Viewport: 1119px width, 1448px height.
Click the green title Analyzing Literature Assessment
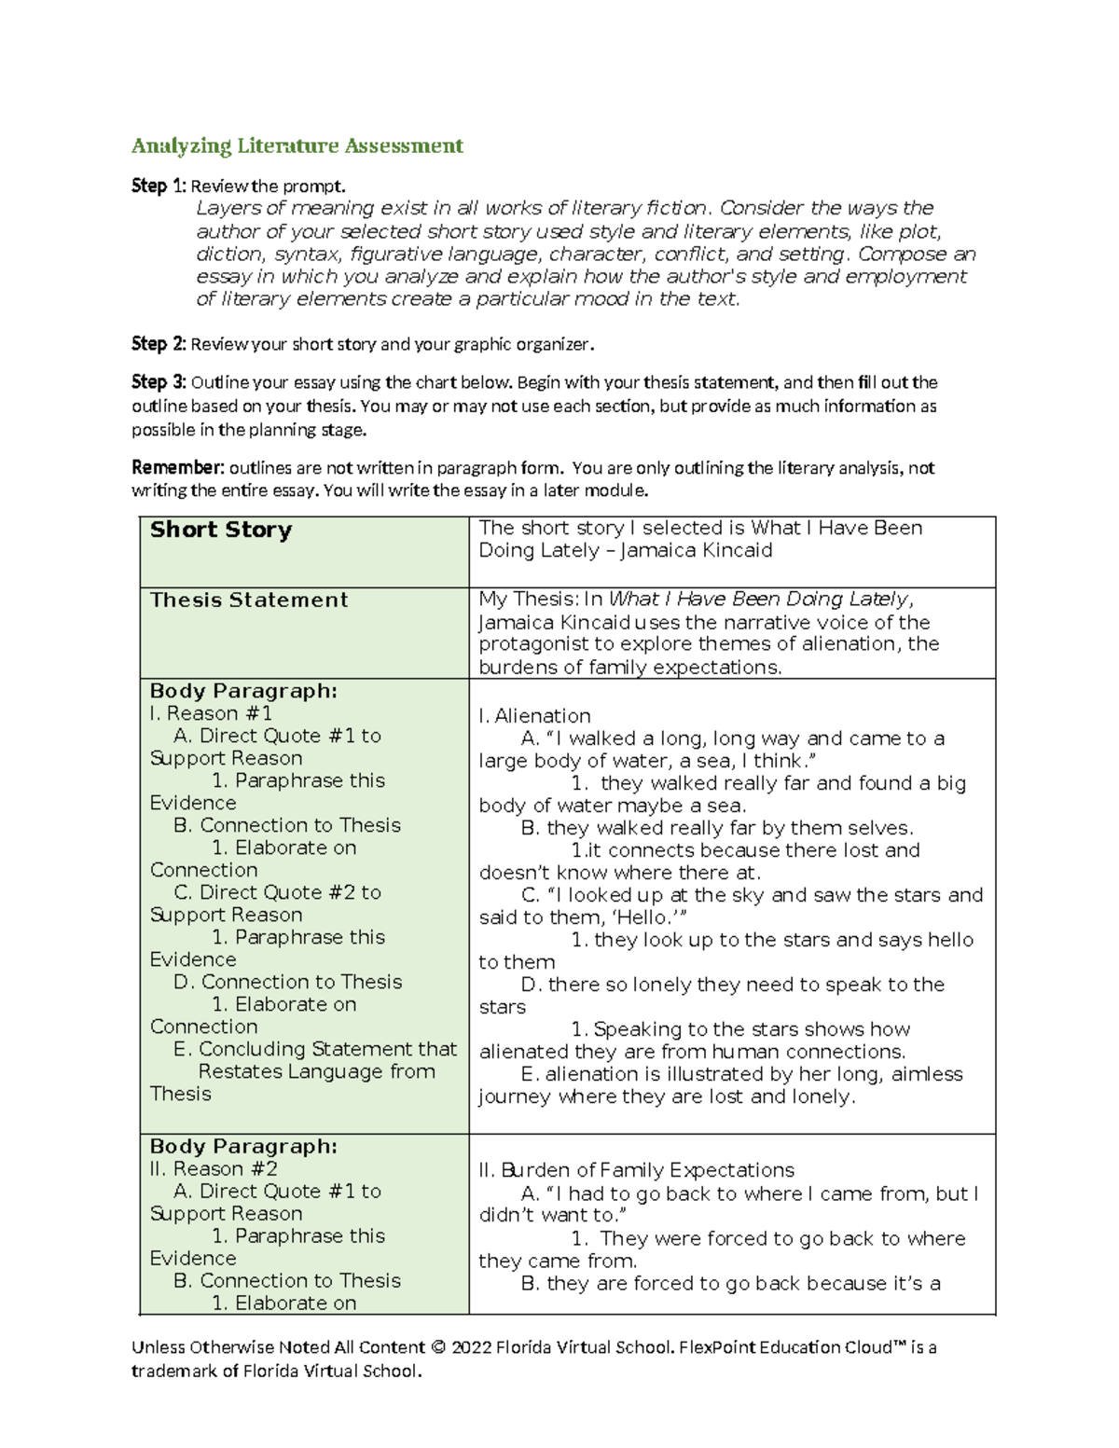click(297, 145)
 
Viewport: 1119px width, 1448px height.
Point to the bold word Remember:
click(177, 468)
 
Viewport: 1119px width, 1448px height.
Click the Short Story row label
click(221, 530)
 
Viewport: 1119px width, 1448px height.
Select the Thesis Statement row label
click(249, 600)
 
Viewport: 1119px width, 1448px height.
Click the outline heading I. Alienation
click(534, 716)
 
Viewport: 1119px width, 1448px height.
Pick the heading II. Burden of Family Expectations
click(636, 1170)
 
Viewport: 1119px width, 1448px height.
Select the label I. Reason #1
click(211, 713)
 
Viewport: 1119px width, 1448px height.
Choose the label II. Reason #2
click(214, 1169)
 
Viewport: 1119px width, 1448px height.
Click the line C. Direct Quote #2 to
click(277, 892)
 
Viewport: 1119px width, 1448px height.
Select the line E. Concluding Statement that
click(315, 1049)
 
